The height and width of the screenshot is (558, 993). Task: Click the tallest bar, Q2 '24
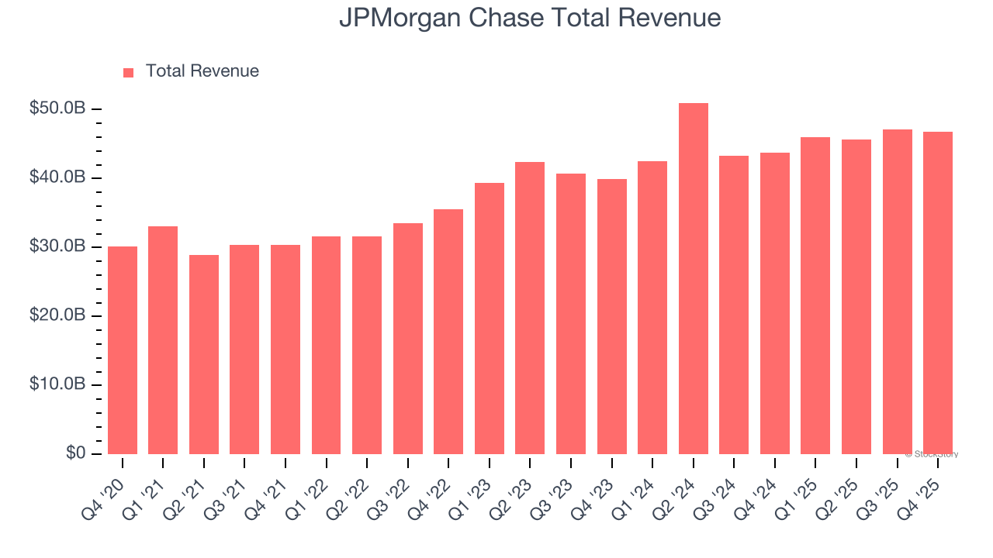click(x=693, y=279)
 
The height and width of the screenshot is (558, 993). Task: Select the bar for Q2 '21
click(x=204, y=354)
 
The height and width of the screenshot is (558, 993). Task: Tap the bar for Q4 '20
click(x=123, y=350)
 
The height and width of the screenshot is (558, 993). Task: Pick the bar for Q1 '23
click(x=490, y=319)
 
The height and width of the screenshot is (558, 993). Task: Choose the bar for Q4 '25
click(x=937, y=293)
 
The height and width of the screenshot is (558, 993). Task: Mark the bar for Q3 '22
click(x=408, y=339)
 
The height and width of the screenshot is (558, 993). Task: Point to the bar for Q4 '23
click(x=611, y=316)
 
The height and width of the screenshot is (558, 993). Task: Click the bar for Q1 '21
click(x=163, y=340)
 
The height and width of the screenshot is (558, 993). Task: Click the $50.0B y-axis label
click(x=57, y=108)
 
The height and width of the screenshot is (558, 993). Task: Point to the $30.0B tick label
click(x=57, y=246)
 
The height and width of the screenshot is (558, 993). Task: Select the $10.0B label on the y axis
click(x=57, y=384)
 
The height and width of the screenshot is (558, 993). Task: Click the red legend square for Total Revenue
click(x=129, y=72)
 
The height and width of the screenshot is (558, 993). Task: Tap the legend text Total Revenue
click(x=202, y=71)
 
